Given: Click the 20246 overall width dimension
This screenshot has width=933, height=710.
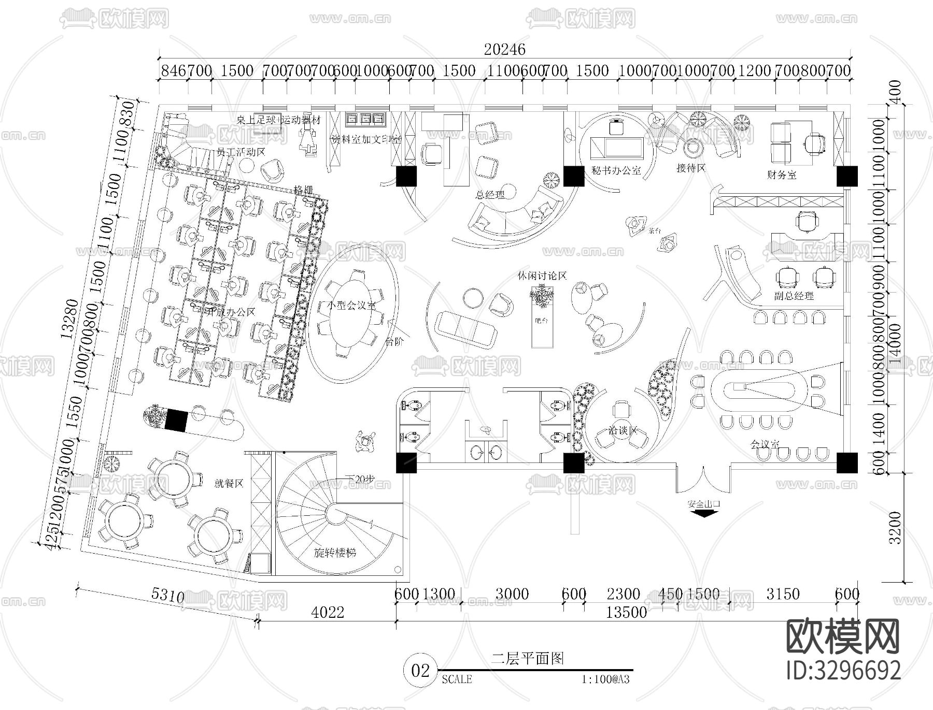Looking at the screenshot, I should [x=504, y=49].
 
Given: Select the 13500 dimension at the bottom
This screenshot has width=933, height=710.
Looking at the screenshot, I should [x=626, y=612].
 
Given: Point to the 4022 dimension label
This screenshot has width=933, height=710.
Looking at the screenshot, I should [x=328, y=612].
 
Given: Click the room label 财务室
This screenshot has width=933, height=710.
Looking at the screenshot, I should [x=782, y=175].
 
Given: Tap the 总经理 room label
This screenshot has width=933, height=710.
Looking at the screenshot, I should [x=490, y=195].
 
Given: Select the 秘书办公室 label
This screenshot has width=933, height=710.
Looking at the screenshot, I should [x=616, y=170].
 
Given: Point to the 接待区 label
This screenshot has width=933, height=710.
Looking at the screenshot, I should [x=691, y=168].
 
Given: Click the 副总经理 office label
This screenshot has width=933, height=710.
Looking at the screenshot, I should [x=794, y=296].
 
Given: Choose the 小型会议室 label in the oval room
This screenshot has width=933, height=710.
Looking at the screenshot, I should [x=351, y=306].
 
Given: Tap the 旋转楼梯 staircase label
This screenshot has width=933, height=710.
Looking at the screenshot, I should [x=335, y=552].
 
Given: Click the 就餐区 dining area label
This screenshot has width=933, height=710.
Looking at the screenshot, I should [x=229, y=483].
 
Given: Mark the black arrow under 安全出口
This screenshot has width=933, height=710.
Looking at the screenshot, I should [x=703, y=513].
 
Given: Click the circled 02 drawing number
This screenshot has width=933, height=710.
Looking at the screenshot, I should [x=420, y=671].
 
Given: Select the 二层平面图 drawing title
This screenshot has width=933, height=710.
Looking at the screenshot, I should [x=528, y=659].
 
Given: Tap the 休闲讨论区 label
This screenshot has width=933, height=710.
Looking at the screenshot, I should [x=542, y=276].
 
